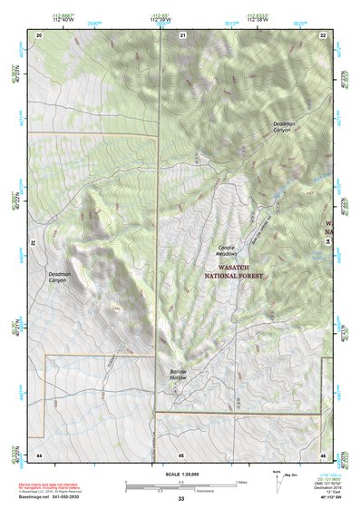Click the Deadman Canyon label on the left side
tap(57, 277)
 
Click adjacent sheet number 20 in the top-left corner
tap(39, 34)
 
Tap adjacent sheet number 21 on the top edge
tap(182, 34)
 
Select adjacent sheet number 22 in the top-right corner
tap(322, 34)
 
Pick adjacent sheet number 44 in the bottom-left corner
tap(39, 454)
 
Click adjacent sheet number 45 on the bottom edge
tap(181, 454)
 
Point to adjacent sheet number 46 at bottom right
tap(322, 454)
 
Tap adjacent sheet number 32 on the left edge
tap(32, 243)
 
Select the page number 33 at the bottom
tap(180, 499)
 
